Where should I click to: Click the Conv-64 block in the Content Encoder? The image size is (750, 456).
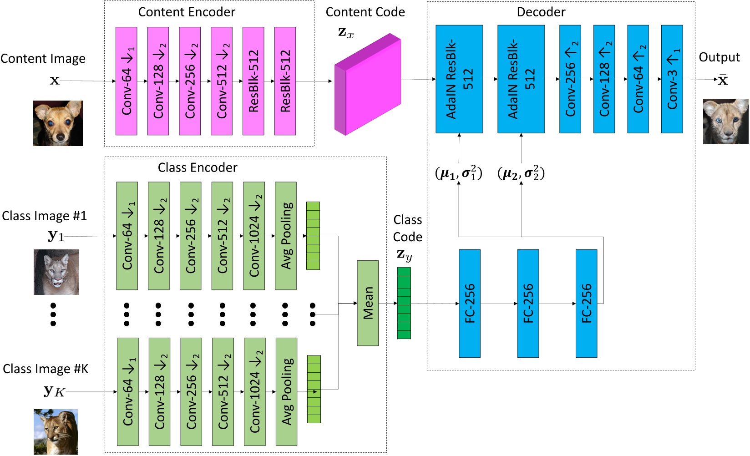coord(127,81)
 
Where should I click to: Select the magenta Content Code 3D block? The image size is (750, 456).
coord(368,84)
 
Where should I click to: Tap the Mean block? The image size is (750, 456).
coord(368,303)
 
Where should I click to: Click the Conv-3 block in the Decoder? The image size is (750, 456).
coord(672,79)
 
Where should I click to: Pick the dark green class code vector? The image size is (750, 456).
coord(404,303)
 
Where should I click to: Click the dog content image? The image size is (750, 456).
coord(58,123)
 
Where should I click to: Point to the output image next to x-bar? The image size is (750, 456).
coord(725,122)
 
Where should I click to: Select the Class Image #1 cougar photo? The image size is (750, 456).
coord(56,272)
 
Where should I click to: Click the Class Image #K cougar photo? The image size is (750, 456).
coord(56,431)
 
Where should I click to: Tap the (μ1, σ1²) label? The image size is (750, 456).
coord(458,173)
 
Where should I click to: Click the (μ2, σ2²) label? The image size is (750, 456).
coord(521,173)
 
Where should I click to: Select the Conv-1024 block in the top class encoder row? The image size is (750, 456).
coord(254,236)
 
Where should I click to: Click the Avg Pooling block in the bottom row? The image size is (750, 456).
coord(286,391)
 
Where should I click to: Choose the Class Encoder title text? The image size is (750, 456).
coord(198,167)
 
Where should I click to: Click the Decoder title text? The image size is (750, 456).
coord(541,12)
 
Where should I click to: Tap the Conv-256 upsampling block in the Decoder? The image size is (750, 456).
coord(570,79)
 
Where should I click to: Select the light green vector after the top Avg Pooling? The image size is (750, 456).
coord(313,236)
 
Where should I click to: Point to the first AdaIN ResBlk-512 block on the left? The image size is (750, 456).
coord(459,79)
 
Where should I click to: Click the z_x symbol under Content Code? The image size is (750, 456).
coord(346,33)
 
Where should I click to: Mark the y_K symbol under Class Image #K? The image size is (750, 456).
coord(55,391)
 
